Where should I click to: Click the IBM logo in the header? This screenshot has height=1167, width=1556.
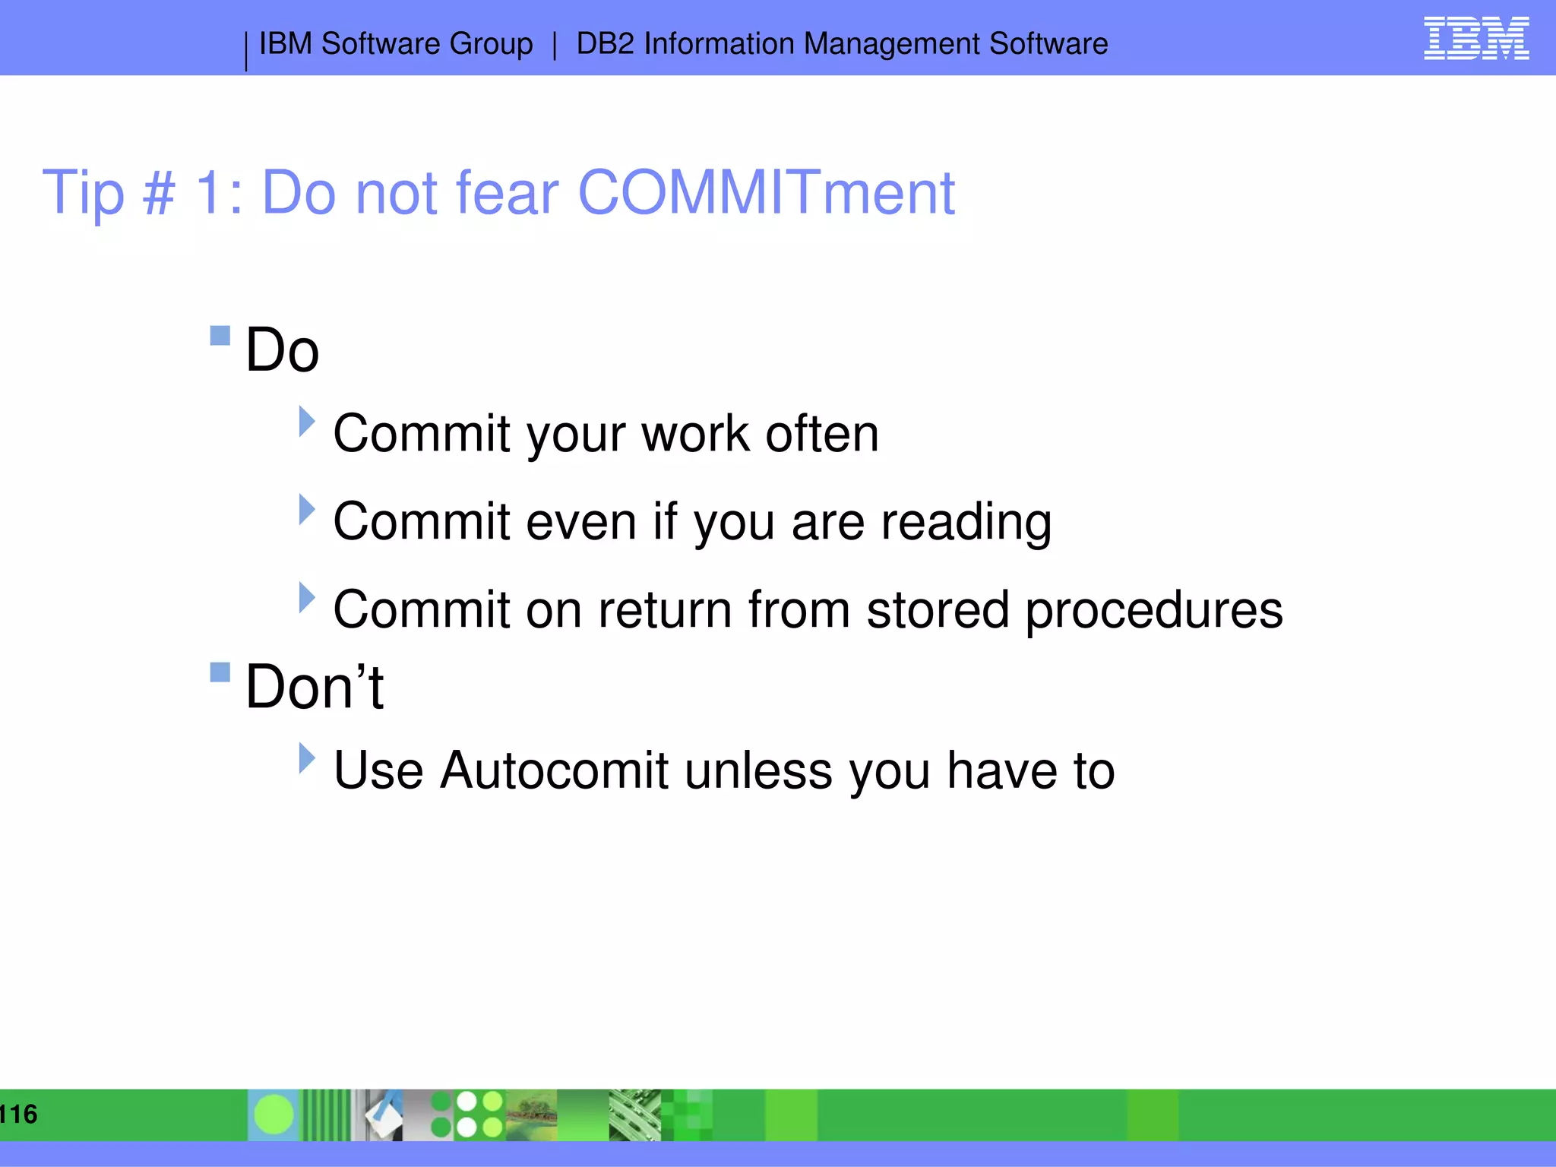1475,38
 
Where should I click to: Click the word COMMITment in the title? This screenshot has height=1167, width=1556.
766,193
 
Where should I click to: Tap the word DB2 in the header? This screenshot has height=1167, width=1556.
605,44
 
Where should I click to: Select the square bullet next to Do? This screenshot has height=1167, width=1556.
220,335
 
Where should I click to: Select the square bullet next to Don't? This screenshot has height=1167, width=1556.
220,672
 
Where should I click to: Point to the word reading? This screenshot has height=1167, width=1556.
966,523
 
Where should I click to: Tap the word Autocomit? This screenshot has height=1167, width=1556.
554,771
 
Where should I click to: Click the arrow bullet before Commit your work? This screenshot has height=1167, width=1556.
306,422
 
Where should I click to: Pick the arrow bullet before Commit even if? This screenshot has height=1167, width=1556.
306,510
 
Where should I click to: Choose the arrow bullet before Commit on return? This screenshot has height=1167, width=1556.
306,598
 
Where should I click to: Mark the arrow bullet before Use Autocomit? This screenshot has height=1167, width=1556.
306,758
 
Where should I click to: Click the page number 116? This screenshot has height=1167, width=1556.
18,1115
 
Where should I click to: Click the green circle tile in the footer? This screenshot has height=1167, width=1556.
274,1115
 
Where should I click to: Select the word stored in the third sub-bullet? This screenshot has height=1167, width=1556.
937,611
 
